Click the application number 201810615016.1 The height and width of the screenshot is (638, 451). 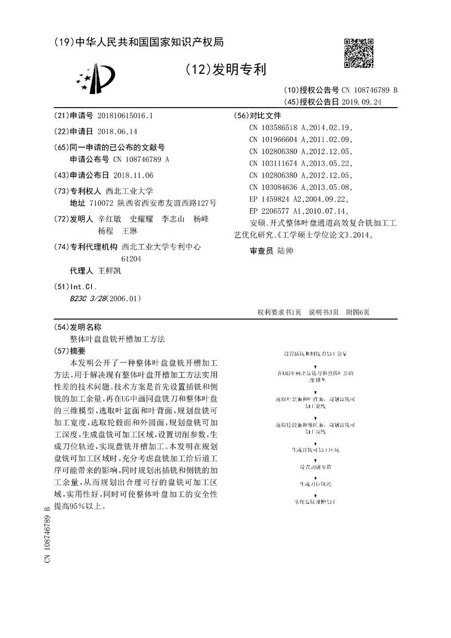[x=125, y=116]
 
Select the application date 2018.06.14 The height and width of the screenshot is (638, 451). [x=117, y=131]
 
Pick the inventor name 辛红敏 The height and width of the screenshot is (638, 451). [x=109, y=219]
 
